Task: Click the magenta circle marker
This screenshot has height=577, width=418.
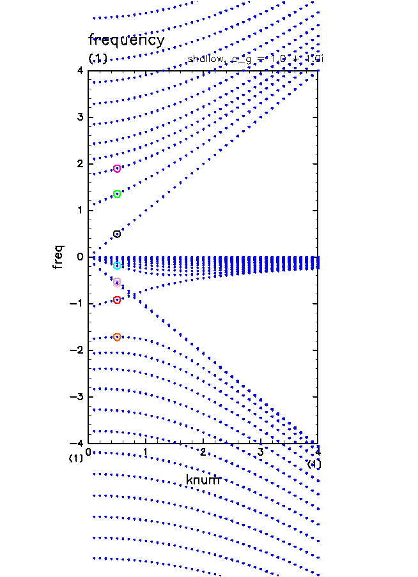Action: (117, 169)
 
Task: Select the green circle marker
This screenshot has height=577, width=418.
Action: (117, 194)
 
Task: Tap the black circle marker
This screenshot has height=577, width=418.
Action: (117, 234)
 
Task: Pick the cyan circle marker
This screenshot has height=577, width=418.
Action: (117, 266)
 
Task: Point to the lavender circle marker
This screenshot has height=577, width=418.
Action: (117, 283)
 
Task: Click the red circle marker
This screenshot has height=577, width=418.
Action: (117, 300)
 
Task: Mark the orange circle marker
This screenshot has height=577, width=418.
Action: (117, 337)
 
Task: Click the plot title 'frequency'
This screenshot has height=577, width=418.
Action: (127, 40)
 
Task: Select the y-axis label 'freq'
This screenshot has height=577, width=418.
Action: (59, 257)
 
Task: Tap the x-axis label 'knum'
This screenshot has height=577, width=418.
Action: (203, 479)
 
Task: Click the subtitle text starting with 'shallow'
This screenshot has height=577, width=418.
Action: (256, 59)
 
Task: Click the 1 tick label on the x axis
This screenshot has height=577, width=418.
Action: (146, 453)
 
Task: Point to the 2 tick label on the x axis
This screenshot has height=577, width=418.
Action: (203, 453)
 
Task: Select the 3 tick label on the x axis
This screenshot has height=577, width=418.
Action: (260, 453)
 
